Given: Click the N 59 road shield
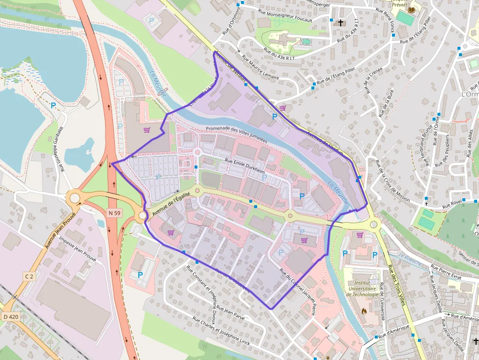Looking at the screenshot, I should (x=114, y=212).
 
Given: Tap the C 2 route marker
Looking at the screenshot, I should (x=29, y=276).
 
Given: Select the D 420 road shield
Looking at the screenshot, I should (x=10, y=317).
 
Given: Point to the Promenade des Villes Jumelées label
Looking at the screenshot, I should (x=237, y=133).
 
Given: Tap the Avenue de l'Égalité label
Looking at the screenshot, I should (x=170, y=205).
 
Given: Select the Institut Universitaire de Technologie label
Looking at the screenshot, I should (x=362, y=289).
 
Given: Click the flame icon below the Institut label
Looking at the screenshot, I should (x=363, y=310).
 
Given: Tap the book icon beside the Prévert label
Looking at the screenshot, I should (x=412, y=9).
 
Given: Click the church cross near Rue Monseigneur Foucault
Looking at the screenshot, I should (x=341, y=22).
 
